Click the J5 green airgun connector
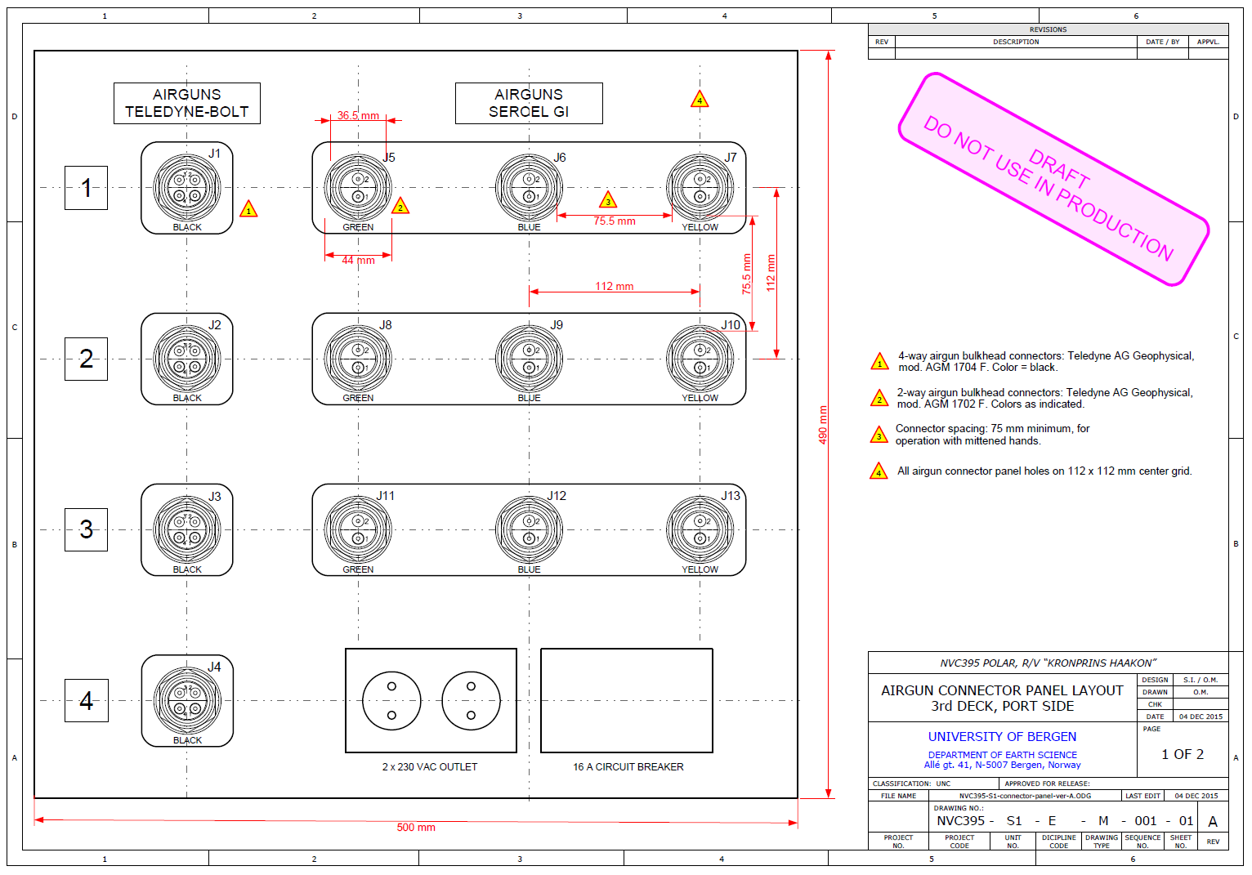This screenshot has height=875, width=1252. (358, 188)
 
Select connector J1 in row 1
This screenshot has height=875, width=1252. (187, 188)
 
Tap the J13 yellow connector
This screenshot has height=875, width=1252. (700, 529)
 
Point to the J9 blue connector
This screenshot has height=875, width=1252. (529, 359)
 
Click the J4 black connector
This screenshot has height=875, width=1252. (187, 700)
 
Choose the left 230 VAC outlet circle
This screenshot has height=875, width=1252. (391, 700)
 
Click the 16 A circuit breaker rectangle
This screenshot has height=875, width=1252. (627, 700)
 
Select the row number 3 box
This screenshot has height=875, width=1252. (86, 529)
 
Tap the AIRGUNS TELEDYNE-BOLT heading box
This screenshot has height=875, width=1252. (187, 103)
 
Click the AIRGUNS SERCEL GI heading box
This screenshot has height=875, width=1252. (529, 103)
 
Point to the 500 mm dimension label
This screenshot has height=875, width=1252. (416, 828)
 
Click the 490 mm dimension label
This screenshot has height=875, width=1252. (823, 425)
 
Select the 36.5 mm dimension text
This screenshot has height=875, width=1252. (358, 115)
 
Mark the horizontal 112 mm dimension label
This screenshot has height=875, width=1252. (615, 286)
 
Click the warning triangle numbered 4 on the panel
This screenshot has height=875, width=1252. (700, 100)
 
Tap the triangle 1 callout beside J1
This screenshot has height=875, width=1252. (248, 210)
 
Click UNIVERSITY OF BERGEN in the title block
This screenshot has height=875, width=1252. (1002, 736)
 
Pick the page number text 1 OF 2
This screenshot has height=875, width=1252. (1183, 754)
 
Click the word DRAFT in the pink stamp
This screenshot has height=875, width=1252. (1058, 168)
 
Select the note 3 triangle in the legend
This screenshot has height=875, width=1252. (879, 435)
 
